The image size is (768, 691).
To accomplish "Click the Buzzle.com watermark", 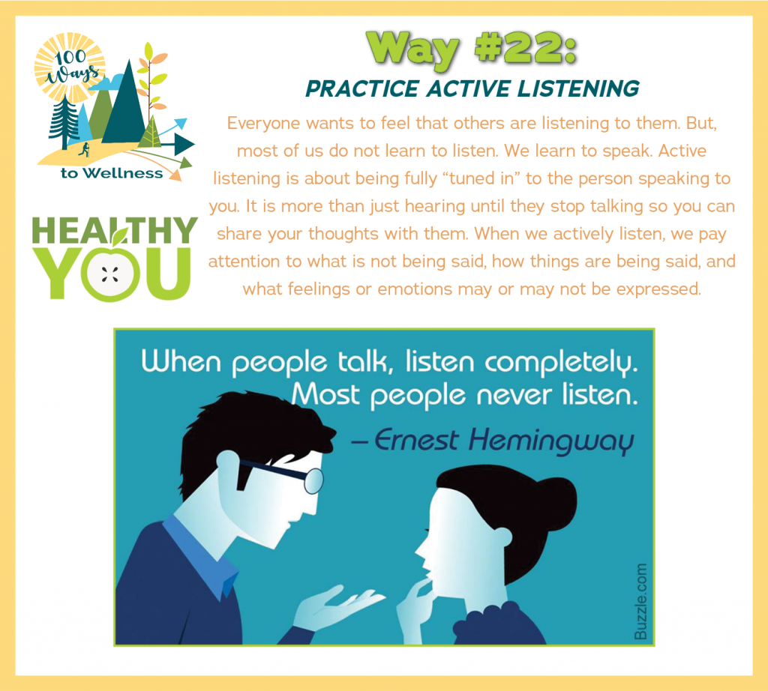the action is point(640,602).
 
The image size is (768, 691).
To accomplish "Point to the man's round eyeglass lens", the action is point(314,480).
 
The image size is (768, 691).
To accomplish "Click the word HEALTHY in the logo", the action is point(115,231).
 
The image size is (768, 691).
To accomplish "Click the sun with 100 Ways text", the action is point(70,67).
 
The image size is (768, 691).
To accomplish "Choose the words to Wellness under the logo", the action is point(112,173).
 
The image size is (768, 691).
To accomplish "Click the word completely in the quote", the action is point(561,363).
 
